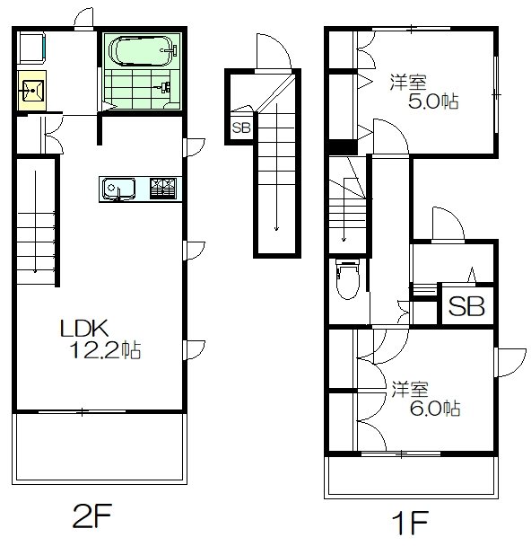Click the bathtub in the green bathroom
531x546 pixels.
pos(144,51)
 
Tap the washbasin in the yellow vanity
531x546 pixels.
pos(32,91)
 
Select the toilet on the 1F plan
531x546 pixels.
pos(348,279)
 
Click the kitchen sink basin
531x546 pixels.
pos(118,189)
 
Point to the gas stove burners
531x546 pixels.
pos(163,189)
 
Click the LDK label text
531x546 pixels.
pos(84,328)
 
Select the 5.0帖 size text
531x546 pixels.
pos(433,101)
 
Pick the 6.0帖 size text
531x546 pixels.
pos(435,408)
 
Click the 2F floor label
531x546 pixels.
pos(91,515)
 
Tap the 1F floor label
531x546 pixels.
pos(410,523)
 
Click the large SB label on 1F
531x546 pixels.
pos(466,306)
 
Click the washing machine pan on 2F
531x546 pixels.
pos(32,48)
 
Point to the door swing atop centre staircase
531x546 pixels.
pos(274,52)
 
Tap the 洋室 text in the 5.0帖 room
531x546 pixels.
pos(408,83)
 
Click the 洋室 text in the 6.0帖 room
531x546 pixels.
pos(410,390)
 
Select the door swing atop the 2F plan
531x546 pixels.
pos(84,19)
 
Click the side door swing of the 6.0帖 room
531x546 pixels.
pos(510,362)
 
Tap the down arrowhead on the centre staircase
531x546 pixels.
pos(276,228)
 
